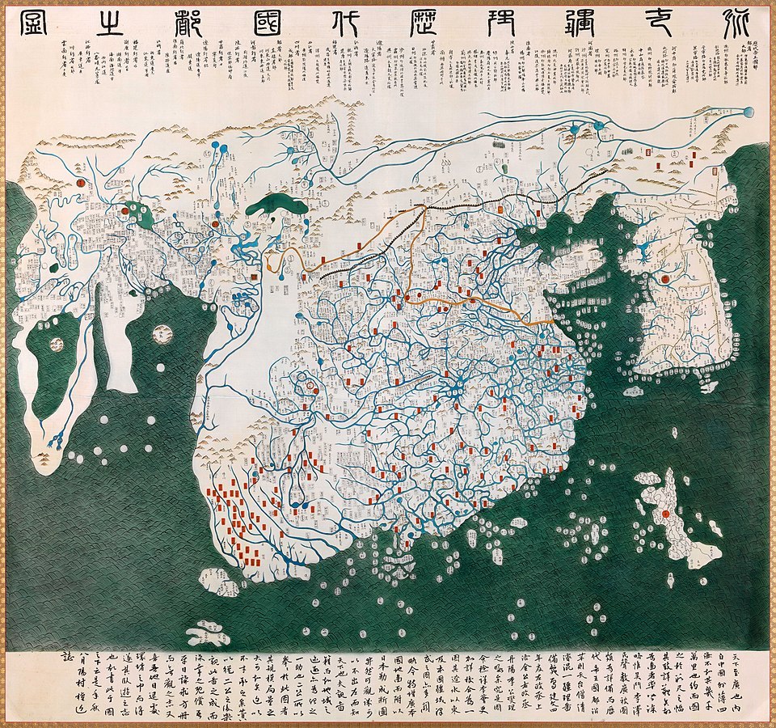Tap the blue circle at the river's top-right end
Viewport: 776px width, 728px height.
point(747,112)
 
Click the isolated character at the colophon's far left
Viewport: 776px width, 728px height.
point(65,661)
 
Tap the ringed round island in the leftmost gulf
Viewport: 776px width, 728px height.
point(57,345)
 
